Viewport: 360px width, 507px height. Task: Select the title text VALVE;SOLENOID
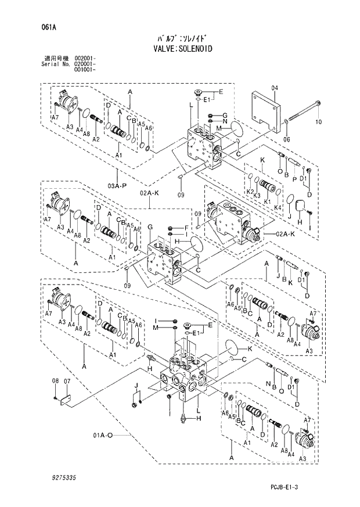pos(180,49)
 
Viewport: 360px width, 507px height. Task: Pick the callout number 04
pos(275,88)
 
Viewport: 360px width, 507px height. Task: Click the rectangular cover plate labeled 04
pos(265,111)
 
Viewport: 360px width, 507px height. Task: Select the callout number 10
pos(318,122)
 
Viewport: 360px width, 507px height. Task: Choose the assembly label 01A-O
pos(101,434)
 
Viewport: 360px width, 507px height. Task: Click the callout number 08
pos(55,381)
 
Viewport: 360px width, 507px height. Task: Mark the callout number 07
pos(66,381)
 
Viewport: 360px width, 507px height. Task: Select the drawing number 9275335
pos(59,477)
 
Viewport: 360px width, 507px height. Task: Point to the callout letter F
pos(186,227)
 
